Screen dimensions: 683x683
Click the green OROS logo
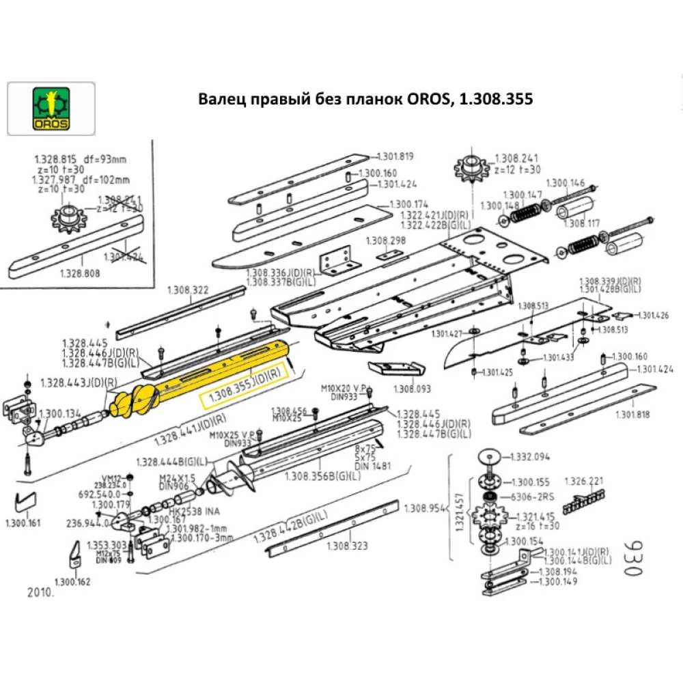click(51, 109)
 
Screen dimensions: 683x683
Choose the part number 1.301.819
click(395, 156)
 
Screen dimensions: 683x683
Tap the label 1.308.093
click(413, 389)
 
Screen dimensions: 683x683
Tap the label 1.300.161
click(23, 524)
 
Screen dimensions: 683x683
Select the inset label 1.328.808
click(81, 272)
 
